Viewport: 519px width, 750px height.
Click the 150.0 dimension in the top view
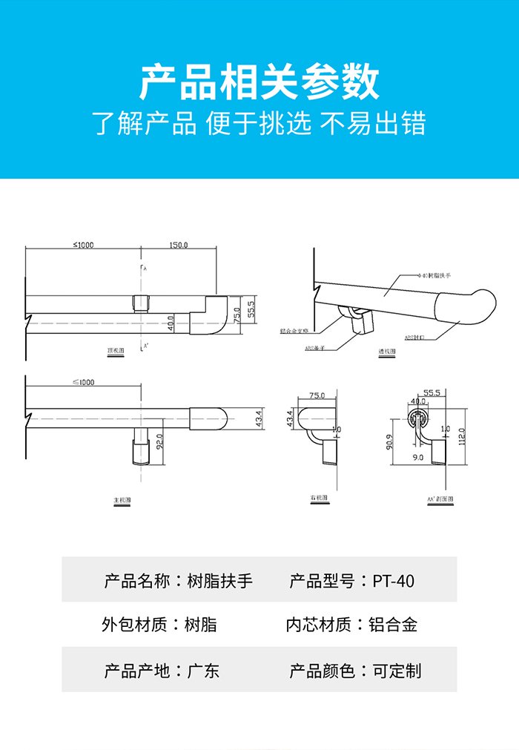point(179,245)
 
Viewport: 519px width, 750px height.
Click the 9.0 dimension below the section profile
point(417,458)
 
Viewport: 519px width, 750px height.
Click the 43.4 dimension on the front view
point(258,418)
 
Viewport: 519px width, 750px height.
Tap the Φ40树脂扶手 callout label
point(435,274)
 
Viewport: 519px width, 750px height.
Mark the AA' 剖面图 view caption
point(440,499)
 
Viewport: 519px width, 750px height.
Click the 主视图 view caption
point(122,501)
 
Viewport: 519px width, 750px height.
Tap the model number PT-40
point(393,580)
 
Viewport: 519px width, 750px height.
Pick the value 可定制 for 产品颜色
point(397,671)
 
